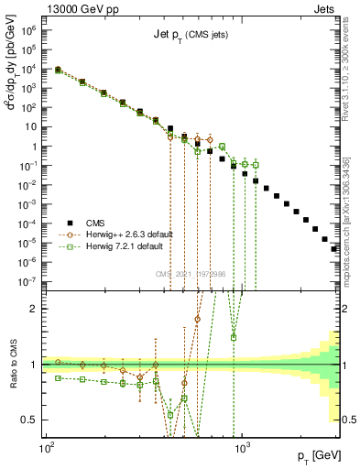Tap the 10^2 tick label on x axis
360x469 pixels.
click(46, 451)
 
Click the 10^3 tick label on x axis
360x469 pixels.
click(243, 451)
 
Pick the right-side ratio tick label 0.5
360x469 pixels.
click(346, 420)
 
